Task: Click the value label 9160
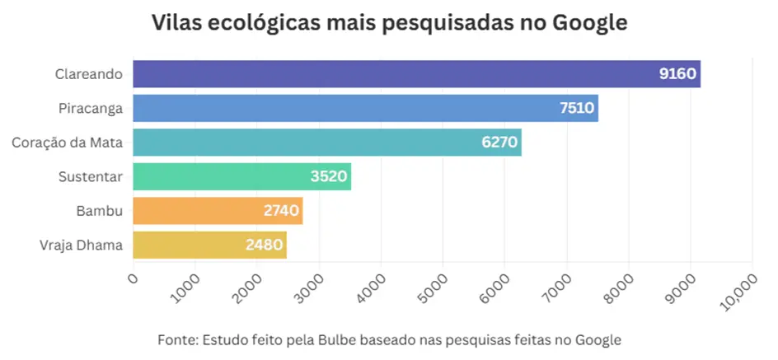pyautogui.click(x=677, y=74)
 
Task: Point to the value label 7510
pyautogui.click(x=576, y=108)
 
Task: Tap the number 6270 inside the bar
pyautogui.click(x=499, y=143)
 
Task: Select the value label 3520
pyautogui.click(x=330, y=176)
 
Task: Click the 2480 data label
pyautogui.click(x=265, y=245)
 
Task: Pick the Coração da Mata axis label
pyautogui.click(x=68, y=143)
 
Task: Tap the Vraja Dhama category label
pyautogui.click(x=81, y=245)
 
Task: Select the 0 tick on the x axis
pyautogui.click(x=134, y=278)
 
